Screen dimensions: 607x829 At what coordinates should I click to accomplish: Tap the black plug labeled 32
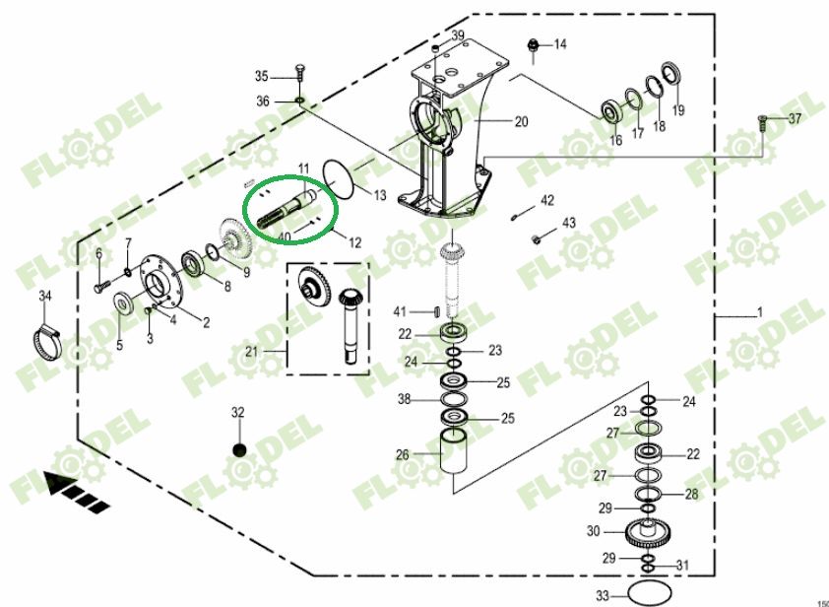click(x=237, y=449)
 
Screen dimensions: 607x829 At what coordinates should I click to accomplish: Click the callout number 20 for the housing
click(x=521, y=122)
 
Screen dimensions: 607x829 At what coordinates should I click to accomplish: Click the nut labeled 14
click(x=533, y=45)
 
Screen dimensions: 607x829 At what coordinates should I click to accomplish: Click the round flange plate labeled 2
click(x=159, y=286)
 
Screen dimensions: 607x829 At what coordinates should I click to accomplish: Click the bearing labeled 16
click(x=613, y=107)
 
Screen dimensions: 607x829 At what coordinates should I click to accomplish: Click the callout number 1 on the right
click(x=759, y=313)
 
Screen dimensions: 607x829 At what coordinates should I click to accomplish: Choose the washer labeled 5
click(x=124, y=302)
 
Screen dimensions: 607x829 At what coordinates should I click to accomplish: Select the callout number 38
click(x=404, y=400)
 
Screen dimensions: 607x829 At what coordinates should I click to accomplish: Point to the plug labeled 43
click(x=536, y=238)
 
